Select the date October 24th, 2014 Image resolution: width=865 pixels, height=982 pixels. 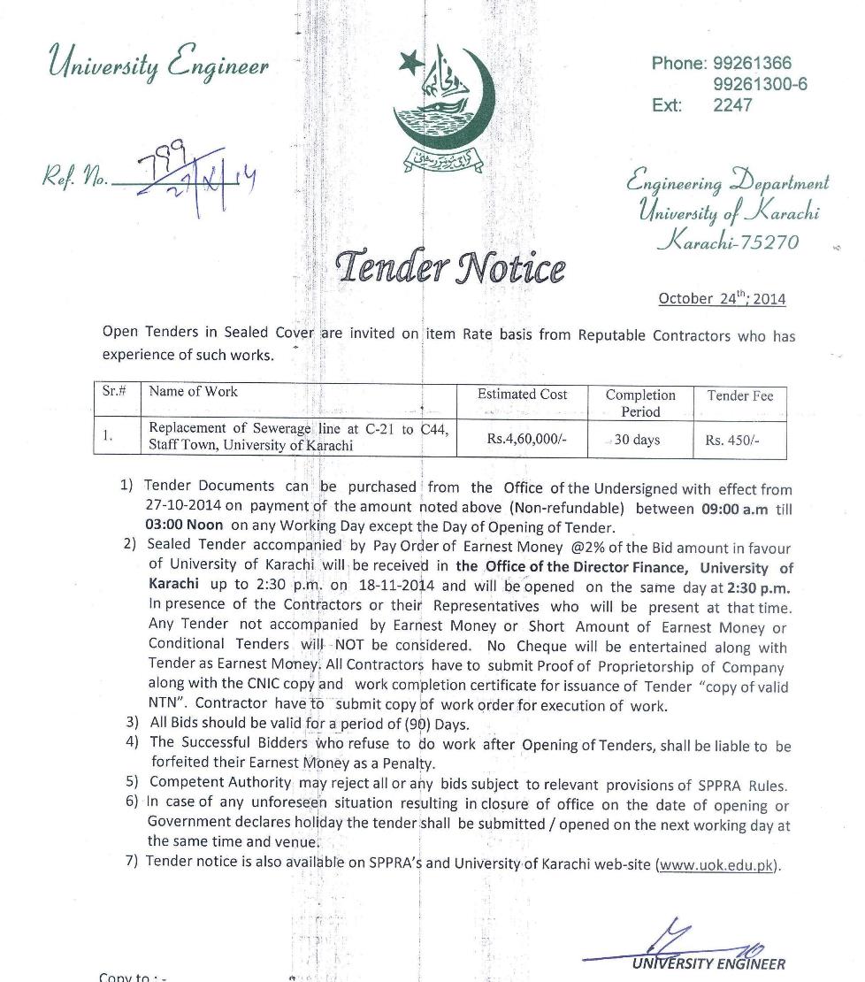point(722,298)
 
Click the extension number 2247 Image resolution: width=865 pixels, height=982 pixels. point(732,105)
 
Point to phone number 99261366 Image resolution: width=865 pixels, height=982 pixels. point(752,63)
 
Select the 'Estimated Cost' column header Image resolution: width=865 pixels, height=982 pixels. point(522,395)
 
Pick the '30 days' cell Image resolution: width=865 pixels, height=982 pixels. point(637,440)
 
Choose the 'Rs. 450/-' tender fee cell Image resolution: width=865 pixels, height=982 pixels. point(732,441)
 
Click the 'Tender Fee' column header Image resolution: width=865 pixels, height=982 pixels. point(739,395)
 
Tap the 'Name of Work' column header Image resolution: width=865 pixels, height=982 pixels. point(193,391)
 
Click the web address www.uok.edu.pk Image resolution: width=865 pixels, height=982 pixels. point(717,864)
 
